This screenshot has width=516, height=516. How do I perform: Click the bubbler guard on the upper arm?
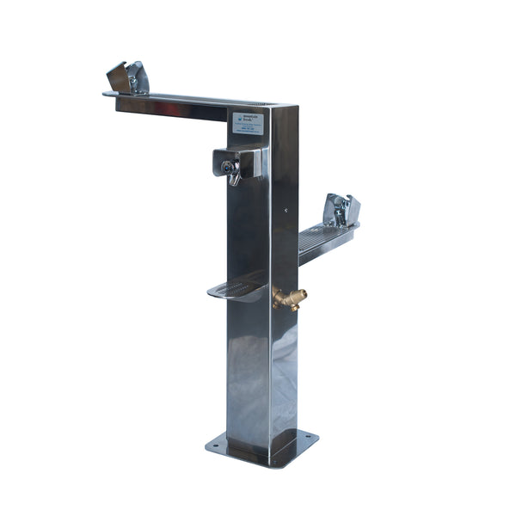pos(128,77)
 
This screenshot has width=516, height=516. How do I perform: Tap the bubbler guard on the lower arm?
pos(341,211)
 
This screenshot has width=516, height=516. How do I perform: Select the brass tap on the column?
pos(289,298)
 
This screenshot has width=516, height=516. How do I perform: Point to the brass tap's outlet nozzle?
pos(302,294)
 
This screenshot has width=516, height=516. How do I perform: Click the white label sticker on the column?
pos(248,122)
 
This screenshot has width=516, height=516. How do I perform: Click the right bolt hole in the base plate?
pos(309,437)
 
